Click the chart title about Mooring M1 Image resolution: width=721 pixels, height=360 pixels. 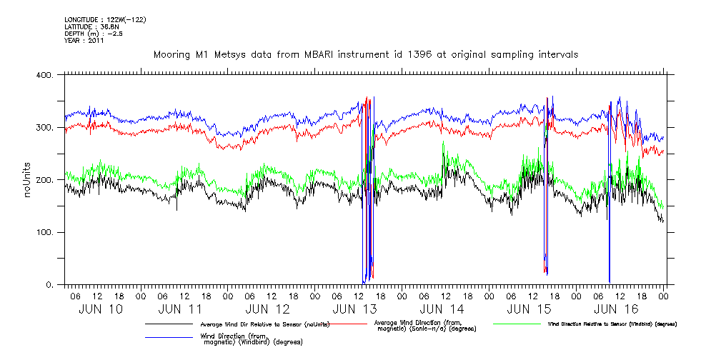366,54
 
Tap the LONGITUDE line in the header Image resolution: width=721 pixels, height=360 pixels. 105,19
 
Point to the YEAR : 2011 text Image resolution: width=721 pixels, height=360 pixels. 84,41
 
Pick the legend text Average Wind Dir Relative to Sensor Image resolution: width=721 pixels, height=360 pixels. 265,324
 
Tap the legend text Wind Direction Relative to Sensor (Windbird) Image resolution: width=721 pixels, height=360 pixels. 612,324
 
